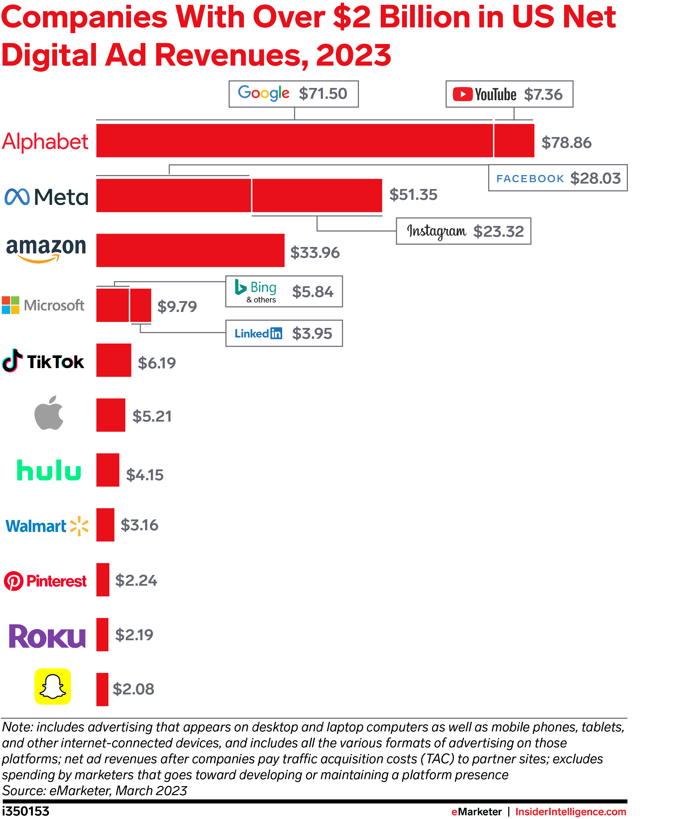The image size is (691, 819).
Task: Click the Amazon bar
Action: pyautogui.click(x=190, y=250)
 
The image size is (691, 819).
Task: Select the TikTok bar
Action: pyautogui.click(x=114, y=360)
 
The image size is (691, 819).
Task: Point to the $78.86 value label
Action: pyautogui.click(x=566, y=142)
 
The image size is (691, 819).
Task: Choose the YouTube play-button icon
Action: pyautogui.click(x=462, y=94)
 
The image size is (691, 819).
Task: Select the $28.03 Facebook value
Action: pyautogui.click(x=595, y=178)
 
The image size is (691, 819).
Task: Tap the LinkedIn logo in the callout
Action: pyautogui.click(x=258, y=333)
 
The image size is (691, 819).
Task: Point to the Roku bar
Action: pyautogui.click(x=102, y=634)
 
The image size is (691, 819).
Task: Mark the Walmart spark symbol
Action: pyautogui.click(x=79, y=525)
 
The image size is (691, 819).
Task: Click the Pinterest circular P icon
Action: pyautogui.click(x=14, y=581)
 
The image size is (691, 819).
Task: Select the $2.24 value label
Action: pyautogui.click(x=136, y=580)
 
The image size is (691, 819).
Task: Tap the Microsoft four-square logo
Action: pyautogui.click(x=11, y=305)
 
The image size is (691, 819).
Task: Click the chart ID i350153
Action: pyautogui.click(x=26, y=811)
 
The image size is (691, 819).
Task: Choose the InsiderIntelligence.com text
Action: pyautogui.click(x=570, y=812)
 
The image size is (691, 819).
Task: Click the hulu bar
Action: pyautogui.click(x=108, y=470)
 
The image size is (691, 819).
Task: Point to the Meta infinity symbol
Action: pyautogui.click(x=17, y=197)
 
